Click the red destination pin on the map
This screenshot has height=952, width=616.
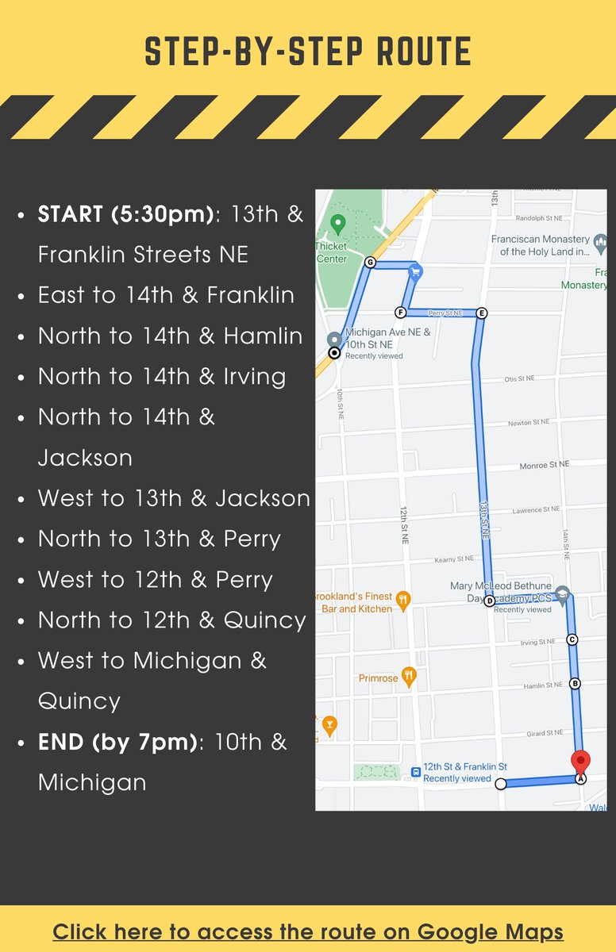581,761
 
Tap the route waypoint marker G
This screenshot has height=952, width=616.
369,262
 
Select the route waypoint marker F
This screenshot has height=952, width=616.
400,313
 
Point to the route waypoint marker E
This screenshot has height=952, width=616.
481,313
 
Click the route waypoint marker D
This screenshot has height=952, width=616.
489,601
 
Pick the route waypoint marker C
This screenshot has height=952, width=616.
572,639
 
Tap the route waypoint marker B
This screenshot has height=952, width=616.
576,683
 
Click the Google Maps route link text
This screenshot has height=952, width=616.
308,931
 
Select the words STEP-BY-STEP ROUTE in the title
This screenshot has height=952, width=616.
308,52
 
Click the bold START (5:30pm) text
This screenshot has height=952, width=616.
126,213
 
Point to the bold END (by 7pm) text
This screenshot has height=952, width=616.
117,742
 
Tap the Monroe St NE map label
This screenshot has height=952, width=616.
544,465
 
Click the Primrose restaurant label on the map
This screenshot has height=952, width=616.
378,678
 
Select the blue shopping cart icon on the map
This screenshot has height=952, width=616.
414,272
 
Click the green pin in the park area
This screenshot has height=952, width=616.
337,224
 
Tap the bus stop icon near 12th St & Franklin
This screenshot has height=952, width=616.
415,771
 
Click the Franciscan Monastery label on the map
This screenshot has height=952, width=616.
540,245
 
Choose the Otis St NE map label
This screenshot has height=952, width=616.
520,378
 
